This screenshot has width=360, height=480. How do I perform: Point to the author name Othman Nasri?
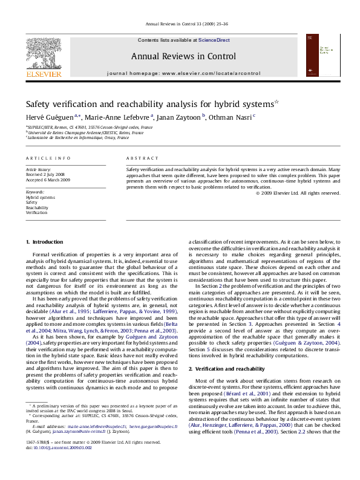pyautogui.click(x=238, y=117)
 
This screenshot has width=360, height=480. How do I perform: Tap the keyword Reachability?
pyautogui.click(x=37, y=207)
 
